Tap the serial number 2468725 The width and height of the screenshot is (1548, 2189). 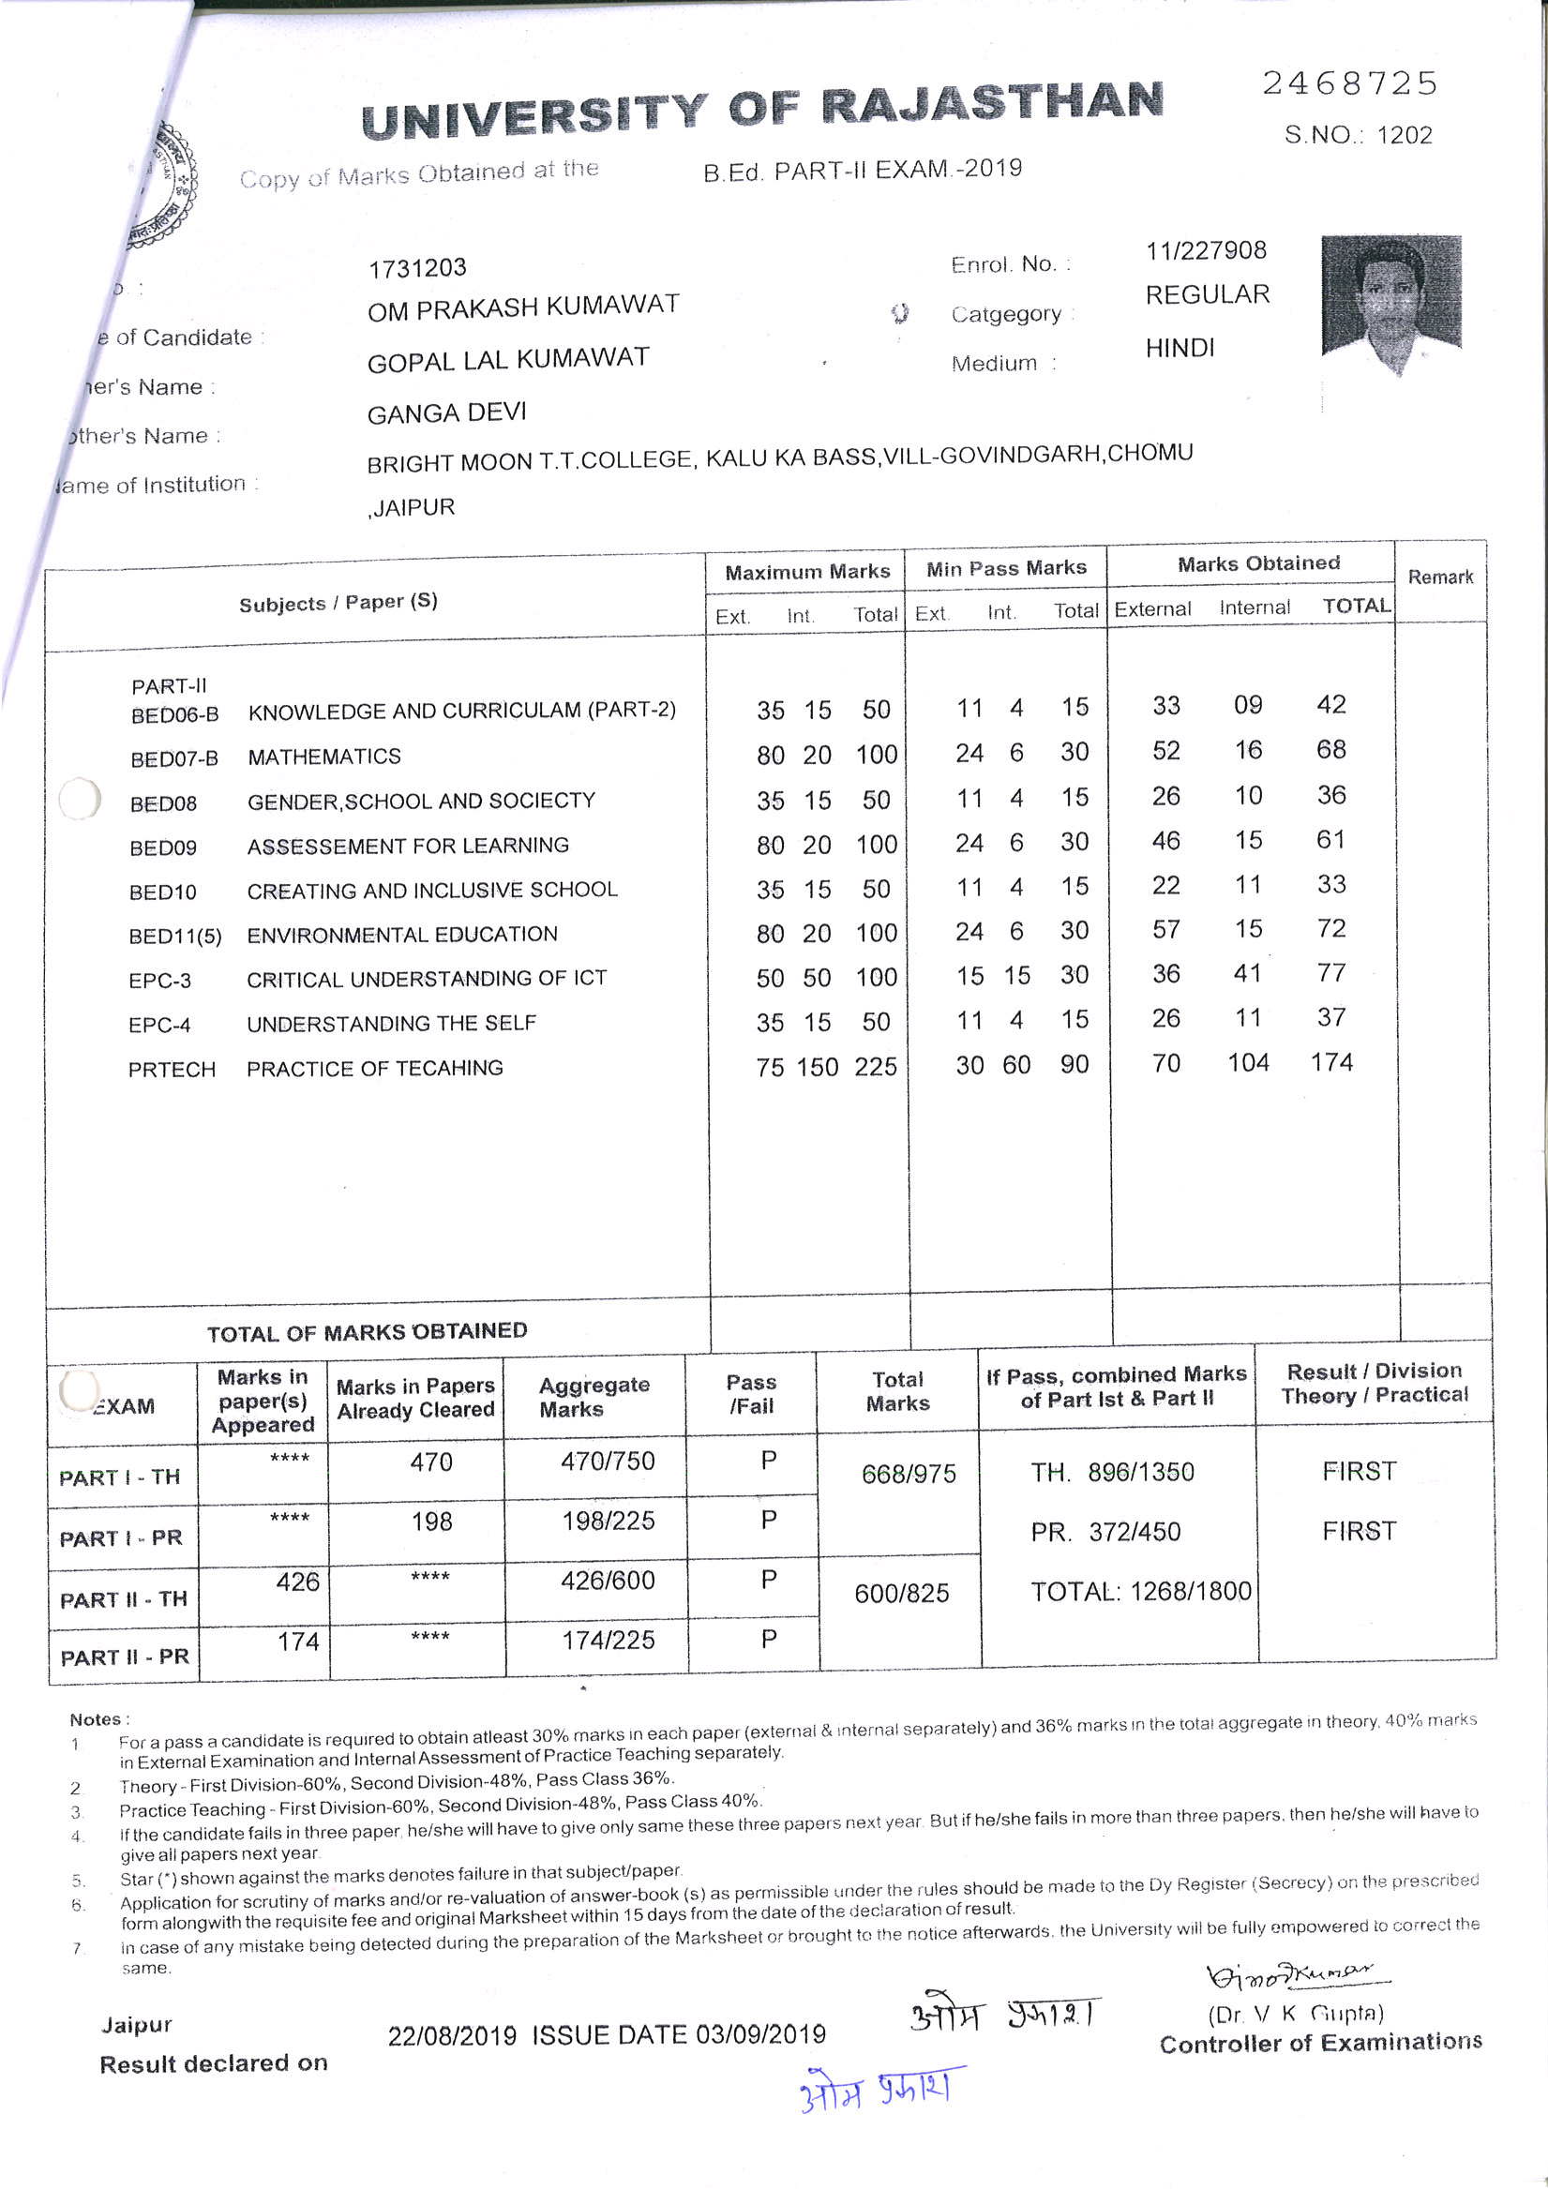click(1349, 83)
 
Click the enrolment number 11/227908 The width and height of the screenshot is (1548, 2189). click(1206, 250)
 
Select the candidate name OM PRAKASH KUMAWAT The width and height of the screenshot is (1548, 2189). click(522, 307)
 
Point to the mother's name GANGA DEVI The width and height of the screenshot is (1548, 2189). click(446, 413)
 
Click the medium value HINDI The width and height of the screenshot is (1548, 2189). click(1180, 348)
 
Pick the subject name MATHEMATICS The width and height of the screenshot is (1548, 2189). click(324, 757)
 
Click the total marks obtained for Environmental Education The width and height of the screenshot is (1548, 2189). click(1330, 929)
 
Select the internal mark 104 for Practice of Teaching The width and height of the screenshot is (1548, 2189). click(1248, 1063)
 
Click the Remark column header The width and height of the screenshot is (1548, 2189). click(1440, 577)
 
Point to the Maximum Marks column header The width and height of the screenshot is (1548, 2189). click(807, 572)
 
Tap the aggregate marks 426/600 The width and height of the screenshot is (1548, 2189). click(608, 1581)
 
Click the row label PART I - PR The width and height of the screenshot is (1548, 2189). click(121, 1538)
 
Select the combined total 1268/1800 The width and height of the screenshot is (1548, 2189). click(1141, 1591)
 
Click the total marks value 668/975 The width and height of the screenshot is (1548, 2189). click(908, 1474)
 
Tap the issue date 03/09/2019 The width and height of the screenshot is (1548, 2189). click(760, 2034)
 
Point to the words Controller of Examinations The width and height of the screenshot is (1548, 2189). click(1320, 2042)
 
